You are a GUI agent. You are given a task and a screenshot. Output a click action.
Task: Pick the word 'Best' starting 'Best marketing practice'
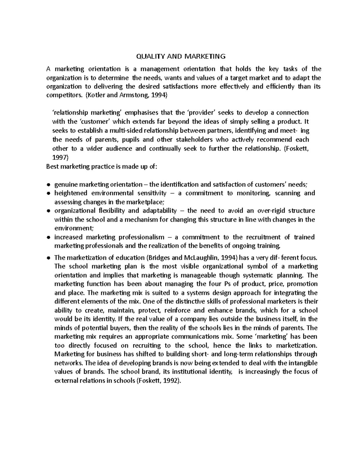point(52,167)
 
